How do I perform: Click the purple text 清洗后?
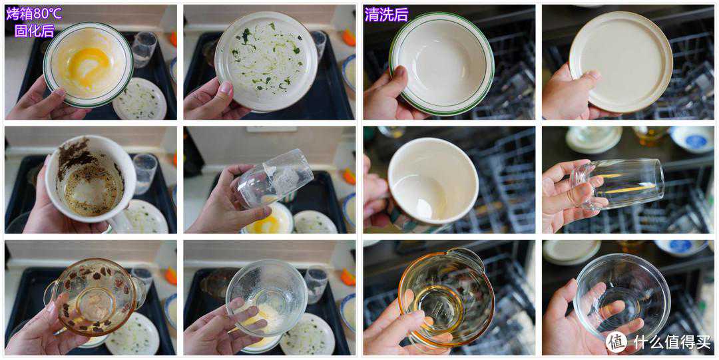(387, 15)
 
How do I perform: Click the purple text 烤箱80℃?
(34, 14)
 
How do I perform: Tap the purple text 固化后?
(35, 31)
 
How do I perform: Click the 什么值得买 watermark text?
(672, 341)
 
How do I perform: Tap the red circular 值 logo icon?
(616, 341)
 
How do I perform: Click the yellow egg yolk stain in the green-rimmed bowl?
(91, 66)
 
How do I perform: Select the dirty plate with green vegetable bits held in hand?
(266, 61)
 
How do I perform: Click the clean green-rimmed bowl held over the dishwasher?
(441, 63)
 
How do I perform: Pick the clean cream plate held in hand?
(621, 62)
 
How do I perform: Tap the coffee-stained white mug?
(91, 179)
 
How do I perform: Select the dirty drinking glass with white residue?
(275, 179)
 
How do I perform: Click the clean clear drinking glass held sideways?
(616, 183)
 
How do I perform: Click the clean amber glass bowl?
(445, 295)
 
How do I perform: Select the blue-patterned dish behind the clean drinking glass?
(691, 139)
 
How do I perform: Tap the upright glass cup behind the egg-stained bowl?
(144, 49)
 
